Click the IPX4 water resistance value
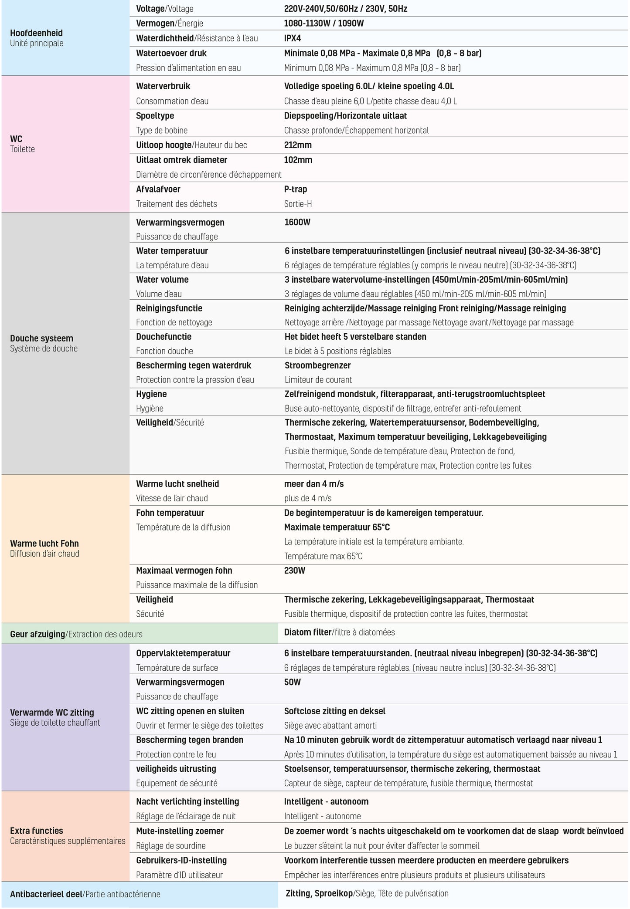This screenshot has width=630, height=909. [293, 38]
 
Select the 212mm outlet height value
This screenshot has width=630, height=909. [298, 145]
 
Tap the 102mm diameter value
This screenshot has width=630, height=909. [298, 160]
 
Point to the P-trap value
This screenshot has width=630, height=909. [296, 189]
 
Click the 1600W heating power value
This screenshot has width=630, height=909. [297, 222]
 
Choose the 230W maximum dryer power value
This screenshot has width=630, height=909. [295, 571]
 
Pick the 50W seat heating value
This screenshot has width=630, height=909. [293, 682]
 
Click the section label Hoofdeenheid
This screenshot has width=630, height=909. [36, 33]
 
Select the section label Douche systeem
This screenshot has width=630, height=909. [41, 338]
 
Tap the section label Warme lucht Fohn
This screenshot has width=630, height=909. [44, 544]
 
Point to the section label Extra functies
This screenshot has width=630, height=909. [37, 831]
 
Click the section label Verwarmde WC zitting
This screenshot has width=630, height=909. [52, 713]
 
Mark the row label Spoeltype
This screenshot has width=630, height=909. [155, 116]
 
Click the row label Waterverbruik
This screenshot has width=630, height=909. [163, 86]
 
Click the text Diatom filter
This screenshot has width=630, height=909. [308, 632]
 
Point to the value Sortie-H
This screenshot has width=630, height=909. [298, 204]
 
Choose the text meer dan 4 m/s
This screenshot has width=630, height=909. [314, 484]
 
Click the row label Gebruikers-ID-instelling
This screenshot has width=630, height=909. [181, 860]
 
